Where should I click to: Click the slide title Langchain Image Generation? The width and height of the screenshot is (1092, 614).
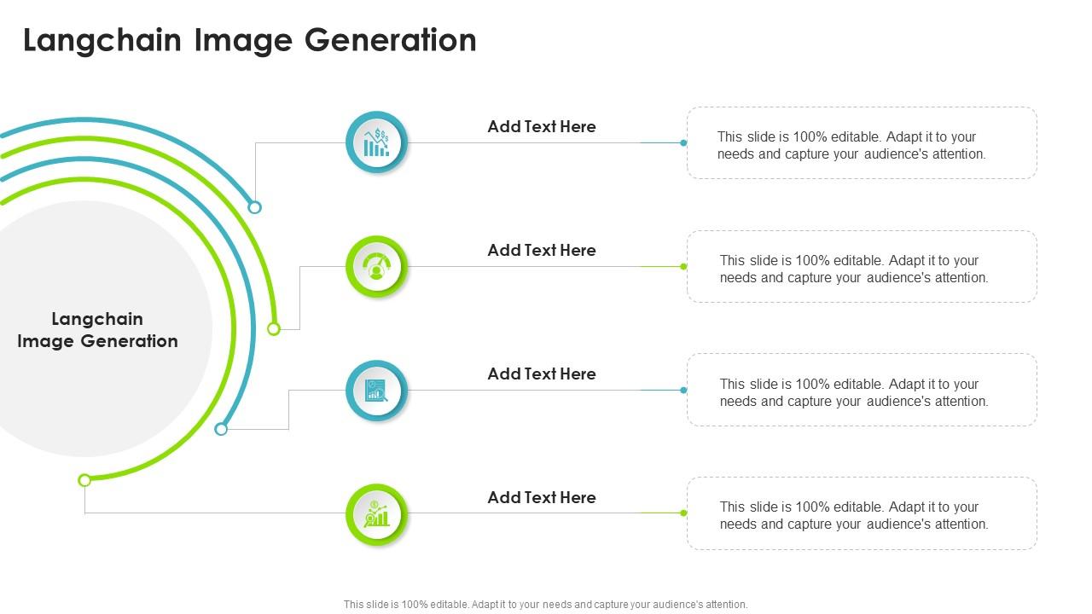[249, 40]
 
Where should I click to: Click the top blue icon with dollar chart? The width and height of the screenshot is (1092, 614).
[376, 142]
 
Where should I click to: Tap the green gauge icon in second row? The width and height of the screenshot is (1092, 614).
[376, 267]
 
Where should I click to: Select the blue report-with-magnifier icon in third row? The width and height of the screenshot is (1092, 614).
[376, 391]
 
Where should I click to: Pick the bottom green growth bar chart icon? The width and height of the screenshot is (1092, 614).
[376, 514]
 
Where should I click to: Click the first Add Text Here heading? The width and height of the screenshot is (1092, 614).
[541, 126]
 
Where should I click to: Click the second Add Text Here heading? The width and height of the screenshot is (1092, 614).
[541, 250]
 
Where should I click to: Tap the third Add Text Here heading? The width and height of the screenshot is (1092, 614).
[541, 374]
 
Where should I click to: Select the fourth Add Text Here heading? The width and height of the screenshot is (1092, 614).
[541, 497]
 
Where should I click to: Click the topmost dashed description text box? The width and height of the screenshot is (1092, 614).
[862, 143]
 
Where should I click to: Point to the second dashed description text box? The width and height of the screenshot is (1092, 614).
[862, 267]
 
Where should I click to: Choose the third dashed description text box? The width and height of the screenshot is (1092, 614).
[862, 391]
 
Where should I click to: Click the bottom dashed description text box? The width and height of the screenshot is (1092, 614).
[862, 513]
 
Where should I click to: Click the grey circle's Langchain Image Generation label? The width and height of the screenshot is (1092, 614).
[97, 330]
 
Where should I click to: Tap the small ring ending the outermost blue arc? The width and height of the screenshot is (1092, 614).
[254, 207]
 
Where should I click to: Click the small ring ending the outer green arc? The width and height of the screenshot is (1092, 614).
[274, 328]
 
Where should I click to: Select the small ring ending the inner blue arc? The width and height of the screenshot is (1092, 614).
[221, 429]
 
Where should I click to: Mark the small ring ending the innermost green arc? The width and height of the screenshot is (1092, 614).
[84, 480]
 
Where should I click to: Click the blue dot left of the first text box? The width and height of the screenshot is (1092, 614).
[683, 142]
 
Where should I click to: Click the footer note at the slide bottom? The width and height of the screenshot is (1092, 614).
[545, 604]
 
